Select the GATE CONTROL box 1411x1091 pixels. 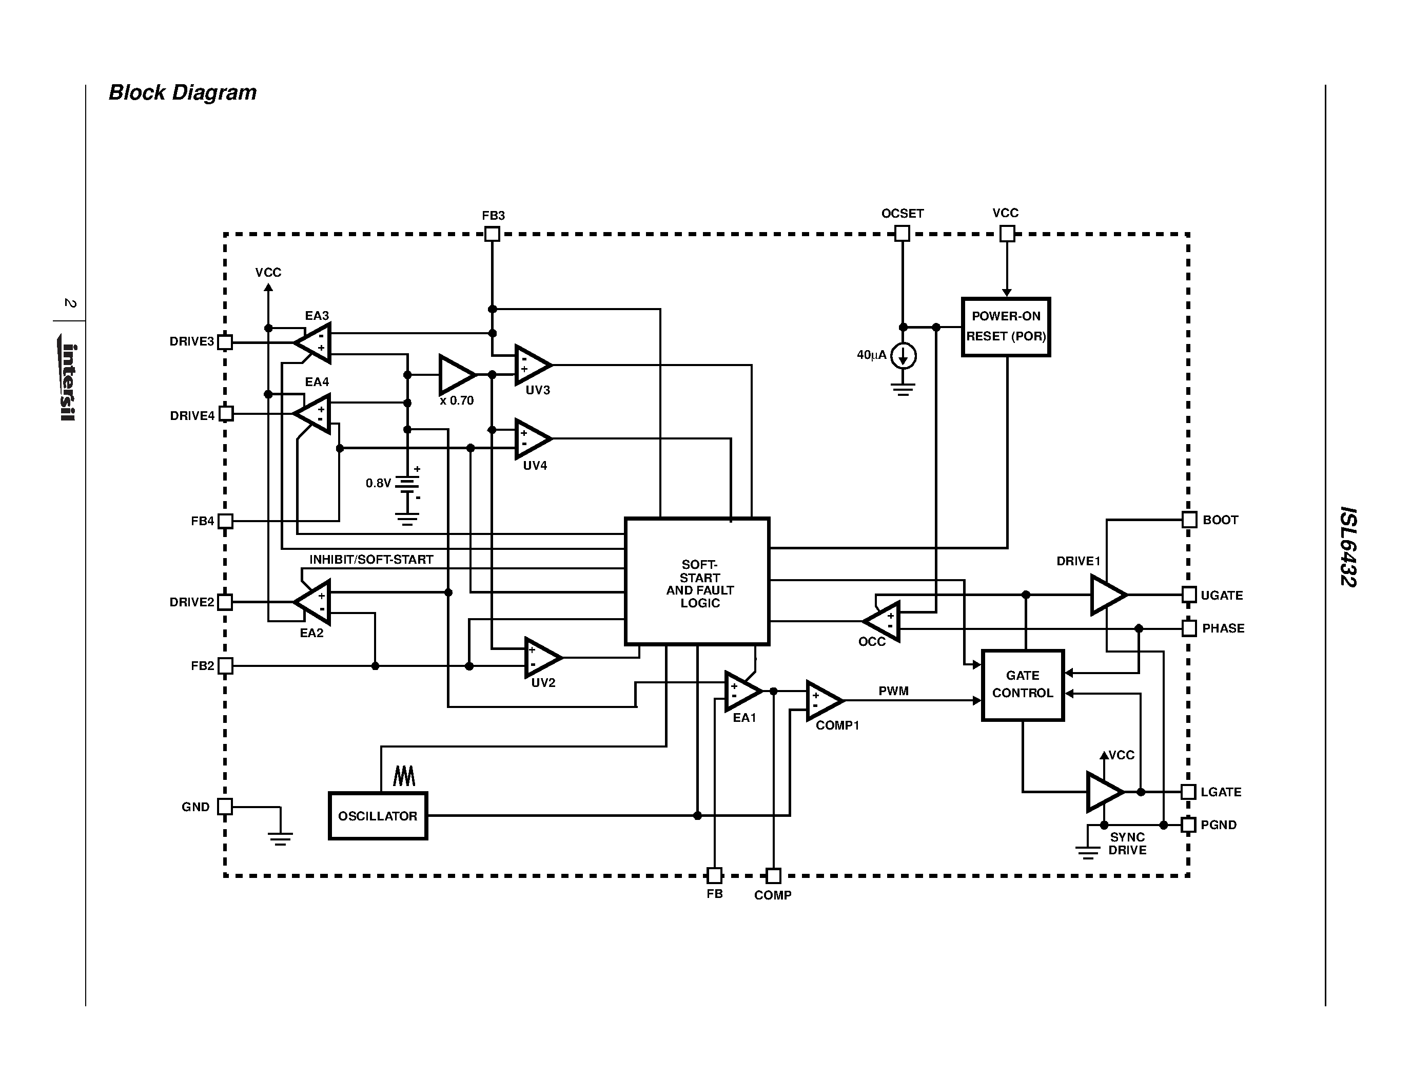point(1022,684)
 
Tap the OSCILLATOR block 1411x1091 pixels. point(378,816)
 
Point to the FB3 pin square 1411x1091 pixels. point(492,234)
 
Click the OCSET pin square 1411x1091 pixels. point(903,233)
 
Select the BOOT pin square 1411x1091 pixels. point(1189,520)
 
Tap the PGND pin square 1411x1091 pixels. point(1188,825)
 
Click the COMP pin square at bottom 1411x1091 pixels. point(773,876)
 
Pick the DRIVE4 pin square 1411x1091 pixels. point(225,414)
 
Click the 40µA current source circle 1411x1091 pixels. point(903,355)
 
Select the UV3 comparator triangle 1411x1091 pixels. point(531,365)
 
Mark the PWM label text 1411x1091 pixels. point(893,691)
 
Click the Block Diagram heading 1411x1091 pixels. point(182,92)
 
